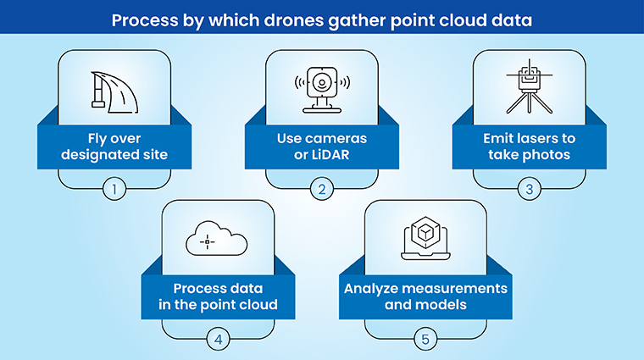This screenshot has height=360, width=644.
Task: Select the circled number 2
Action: pos(321,189)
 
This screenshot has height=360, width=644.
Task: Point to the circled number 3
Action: pos(530,189)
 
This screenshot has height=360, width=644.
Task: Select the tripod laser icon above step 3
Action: pos(529,87)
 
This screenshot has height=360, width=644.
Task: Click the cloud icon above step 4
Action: pos(217,241)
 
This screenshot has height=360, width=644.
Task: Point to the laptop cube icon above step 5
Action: pos(425,241)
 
